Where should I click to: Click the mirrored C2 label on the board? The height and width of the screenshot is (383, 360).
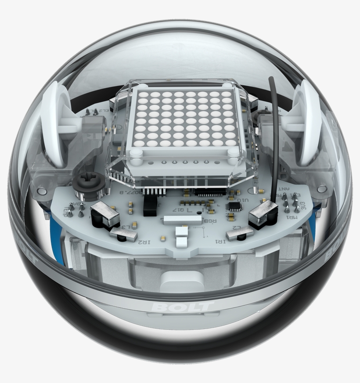click(x=236, y=227)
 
